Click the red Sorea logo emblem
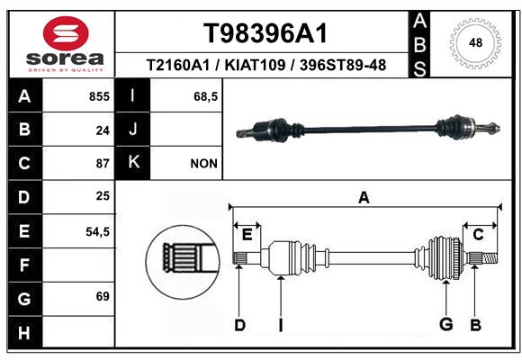(x=66, y=33)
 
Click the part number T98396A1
(x=265, y=33)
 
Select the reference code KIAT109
(x=255, y=65)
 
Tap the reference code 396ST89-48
(x=343, y=65)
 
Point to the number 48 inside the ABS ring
(x=475, y=43)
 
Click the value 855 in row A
(x=99, y=96)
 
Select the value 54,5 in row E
(x=97, y=232)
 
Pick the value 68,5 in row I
(x=206, y=97)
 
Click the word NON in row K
(x=203, y=164)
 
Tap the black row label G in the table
(x=25, y=299)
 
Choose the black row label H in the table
(x=25, y=333)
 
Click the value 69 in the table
(x=103, y=296)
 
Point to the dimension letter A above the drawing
(x=364, y=198)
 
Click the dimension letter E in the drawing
(x=247, y=235)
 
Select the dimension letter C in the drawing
(x=478, y=235)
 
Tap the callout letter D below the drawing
(x=240, y=325)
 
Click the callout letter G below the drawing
(x=446, y=324)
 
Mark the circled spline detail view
(x=183, y=262)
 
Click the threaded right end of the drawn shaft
(x=490, y=258)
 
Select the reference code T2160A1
(x=178, y=65)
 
